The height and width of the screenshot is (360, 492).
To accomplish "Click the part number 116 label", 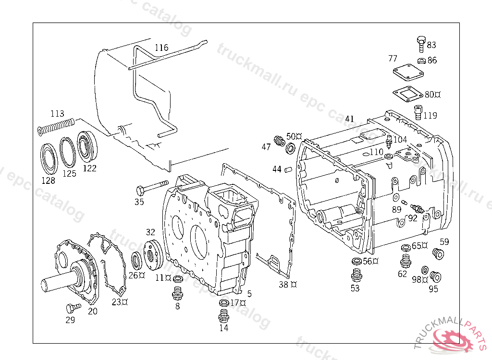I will point(161,48).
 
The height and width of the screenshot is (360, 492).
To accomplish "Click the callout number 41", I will point(349,119).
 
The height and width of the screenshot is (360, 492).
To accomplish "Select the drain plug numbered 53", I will point(356,275).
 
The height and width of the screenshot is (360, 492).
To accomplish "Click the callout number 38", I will point(284,284).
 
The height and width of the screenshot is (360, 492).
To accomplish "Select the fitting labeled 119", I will point(418,113).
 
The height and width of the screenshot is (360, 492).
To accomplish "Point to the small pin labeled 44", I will point(288,168).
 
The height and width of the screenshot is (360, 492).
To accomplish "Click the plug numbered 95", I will point(436,277).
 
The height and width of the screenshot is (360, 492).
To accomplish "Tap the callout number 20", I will point(93,311).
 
